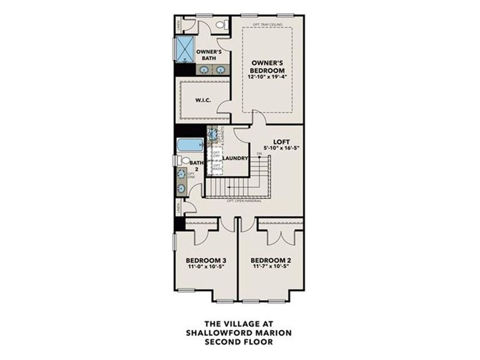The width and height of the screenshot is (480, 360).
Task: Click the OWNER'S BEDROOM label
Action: coord(266,65)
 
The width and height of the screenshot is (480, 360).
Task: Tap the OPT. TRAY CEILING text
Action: coord(267,24)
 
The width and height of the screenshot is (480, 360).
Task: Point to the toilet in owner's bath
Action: coord(221,25)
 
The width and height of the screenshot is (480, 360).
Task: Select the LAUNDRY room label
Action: coord(235,158)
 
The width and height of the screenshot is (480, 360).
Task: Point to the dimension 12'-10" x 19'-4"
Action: coord(266,76)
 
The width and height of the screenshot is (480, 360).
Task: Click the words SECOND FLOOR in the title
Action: coord(239,342)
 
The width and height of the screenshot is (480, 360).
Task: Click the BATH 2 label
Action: coord(196,166)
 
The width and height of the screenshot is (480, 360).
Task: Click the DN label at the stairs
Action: coord(260,154)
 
